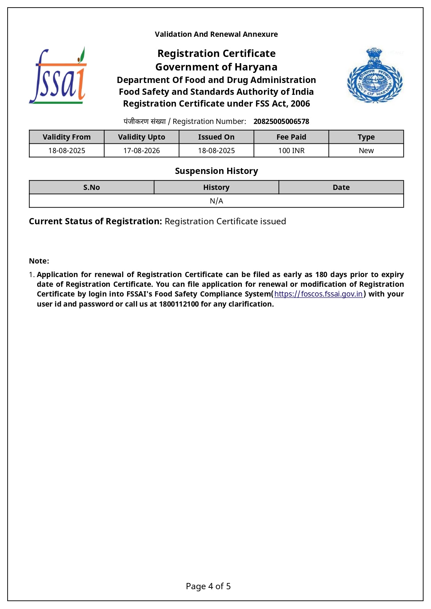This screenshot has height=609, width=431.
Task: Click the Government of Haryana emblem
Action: [x=375, y=76]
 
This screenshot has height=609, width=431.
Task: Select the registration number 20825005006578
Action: [x=281, y=122]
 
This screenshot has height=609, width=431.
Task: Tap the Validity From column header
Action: [x=67, y=137]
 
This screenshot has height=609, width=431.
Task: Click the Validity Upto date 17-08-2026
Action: [x=141, y=151]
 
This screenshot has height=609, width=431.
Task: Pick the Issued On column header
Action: [x=216, y=137]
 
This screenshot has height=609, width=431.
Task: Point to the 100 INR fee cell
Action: [x=291, y=151]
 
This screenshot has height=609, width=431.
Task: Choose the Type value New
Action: [x=366, y=151]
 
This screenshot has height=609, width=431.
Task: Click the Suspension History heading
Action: [x=216, y=171]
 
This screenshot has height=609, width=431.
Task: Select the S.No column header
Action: [x=91, y=187]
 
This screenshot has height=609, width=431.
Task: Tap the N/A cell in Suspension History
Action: [x=216, y=201]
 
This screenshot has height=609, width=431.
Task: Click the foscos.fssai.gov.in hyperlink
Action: [x=318, y=294]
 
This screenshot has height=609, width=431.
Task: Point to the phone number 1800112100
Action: [x=179, y=304]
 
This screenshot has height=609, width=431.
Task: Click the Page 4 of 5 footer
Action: [x=208, y=586]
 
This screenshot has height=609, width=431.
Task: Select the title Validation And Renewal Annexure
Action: [x=216, y=34]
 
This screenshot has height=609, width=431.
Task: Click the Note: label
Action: [x=39, y=261]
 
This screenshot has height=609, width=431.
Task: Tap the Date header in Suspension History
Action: [x=341, y=187]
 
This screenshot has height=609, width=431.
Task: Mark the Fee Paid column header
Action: [x=291, y=137]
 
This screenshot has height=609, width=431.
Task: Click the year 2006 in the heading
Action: [x=300, y=104]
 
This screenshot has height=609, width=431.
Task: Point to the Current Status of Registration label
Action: [x=95, y=222]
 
